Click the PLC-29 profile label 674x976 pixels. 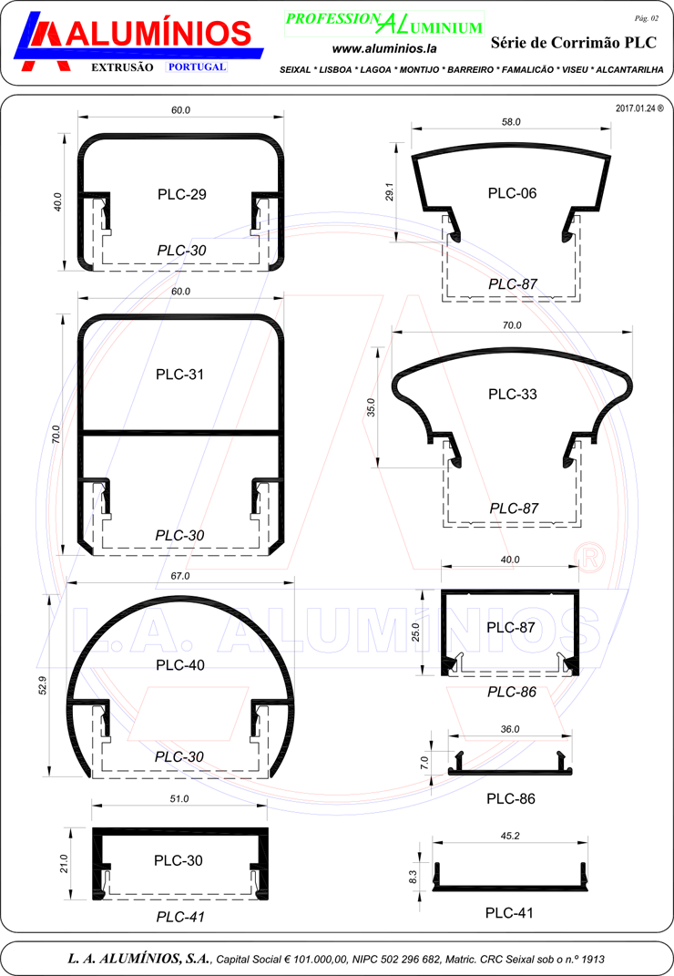(x=182, y=194)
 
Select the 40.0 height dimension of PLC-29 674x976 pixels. (x=58, y=201)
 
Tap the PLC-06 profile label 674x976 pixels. (x=512, y=193)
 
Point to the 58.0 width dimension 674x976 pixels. (x=511, y=122)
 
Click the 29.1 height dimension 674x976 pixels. (x=390, y=191)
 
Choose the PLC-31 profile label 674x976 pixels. (x=179, y=375)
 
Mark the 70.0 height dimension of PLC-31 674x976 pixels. (x=56, y=434)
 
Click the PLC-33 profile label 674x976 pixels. (x=512, y=394)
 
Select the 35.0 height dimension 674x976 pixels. (x=372, y=407)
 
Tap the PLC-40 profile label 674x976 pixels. (x=180, y=664)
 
